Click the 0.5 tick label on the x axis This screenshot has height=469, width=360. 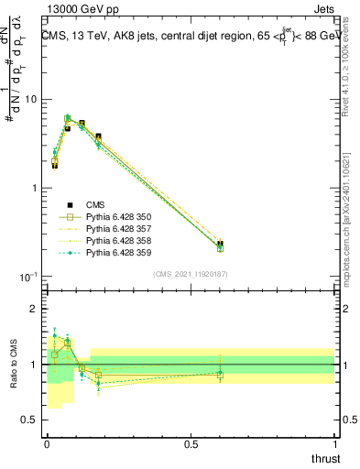191,444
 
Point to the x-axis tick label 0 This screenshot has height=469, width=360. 47,444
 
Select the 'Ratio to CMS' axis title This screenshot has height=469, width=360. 12,365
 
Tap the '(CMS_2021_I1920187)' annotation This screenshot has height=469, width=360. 191,274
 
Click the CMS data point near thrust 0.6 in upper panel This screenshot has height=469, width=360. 220,245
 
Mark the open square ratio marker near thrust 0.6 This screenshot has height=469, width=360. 220,374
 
